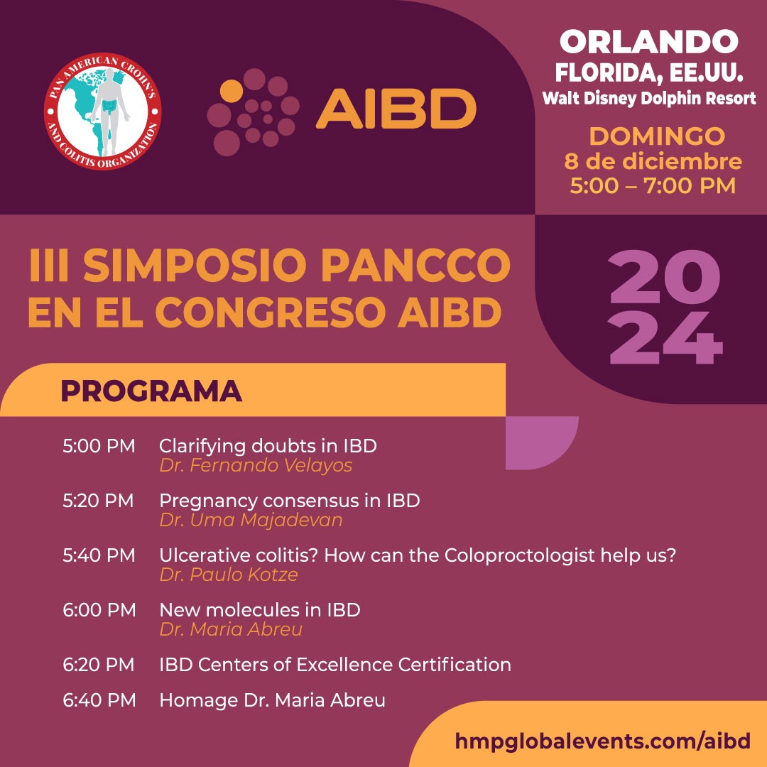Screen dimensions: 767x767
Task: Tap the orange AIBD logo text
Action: pyautogui.click(x=396, y=108)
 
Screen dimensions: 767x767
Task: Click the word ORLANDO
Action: pyautogui.click(x=648, y=43)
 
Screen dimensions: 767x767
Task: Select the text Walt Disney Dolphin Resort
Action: pyautogui.click(x=649, y=98)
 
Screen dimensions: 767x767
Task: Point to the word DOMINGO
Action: pyautogui.click(x=657, y=136)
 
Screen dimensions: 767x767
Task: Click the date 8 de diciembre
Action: pyautogui.click(x=653, y=161)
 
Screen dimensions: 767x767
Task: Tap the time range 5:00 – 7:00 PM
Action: pyautogui.click(x=653, y=186)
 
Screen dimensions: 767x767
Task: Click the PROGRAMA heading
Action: pyautogui.click(x=151, y=391)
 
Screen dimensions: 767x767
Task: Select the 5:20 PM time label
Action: pyautogui.click(x=98, y=501)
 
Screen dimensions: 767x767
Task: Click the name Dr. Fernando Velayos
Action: pyautogui.click(x=256, y=466)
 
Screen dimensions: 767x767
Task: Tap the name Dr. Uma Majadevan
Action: pyautogui.click(x=251, y=520)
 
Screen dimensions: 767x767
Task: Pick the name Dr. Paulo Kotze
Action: pyautogui.click(x=229, y=575)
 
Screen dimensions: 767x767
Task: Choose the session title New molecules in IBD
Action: pyautogui.click(x=260, y=609)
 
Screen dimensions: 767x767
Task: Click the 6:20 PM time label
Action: pyautogui.click(x=98, y=665)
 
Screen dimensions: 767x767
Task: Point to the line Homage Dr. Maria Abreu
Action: pyautogui.click(x=272, y=700)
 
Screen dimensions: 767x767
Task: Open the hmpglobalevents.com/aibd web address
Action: pyautogui.click(x=603, y=741)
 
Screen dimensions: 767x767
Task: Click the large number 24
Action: pyautogui.click(x=665, y=338)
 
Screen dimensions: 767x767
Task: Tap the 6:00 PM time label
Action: pyautogui.click(x=99, y=609)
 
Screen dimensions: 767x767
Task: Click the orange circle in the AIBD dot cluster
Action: pyautogui.click(x=232, y=91)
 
